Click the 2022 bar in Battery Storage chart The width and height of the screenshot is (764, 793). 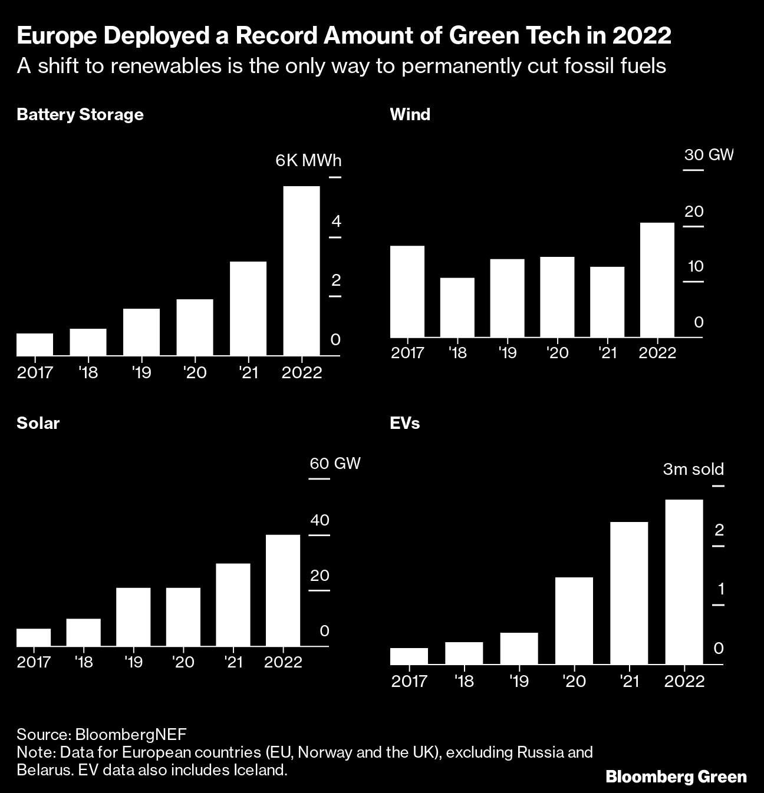coord(301,271)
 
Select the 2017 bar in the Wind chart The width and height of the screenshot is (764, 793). coord(407,291)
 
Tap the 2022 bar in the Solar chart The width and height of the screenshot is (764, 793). coord(283,590)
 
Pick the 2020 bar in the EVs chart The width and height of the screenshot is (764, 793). coord(574,620)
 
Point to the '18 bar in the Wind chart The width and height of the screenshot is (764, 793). coord(457,307)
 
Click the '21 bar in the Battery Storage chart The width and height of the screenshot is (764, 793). coord(248,308)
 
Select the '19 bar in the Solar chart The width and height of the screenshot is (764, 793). coord(133,617)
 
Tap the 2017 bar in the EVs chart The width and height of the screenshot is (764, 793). coord(409,656)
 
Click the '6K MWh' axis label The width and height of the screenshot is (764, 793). coord(308,161)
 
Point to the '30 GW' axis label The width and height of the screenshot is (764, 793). coord(709,155)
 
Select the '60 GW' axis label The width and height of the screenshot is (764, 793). coord(335,463)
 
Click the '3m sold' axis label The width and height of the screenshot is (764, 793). coord(693,469)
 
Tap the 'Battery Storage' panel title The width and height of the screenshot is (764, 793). coord(80,114)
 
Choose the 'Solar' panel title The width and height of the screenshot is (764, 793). coord(38,423)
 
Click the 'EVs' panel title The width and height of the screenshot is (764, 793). coord(405,423)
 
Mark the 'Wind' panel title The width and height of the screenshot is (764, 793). coord(410,114)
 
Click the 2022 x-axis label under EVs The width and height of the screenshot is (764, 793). coord(684,682)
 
